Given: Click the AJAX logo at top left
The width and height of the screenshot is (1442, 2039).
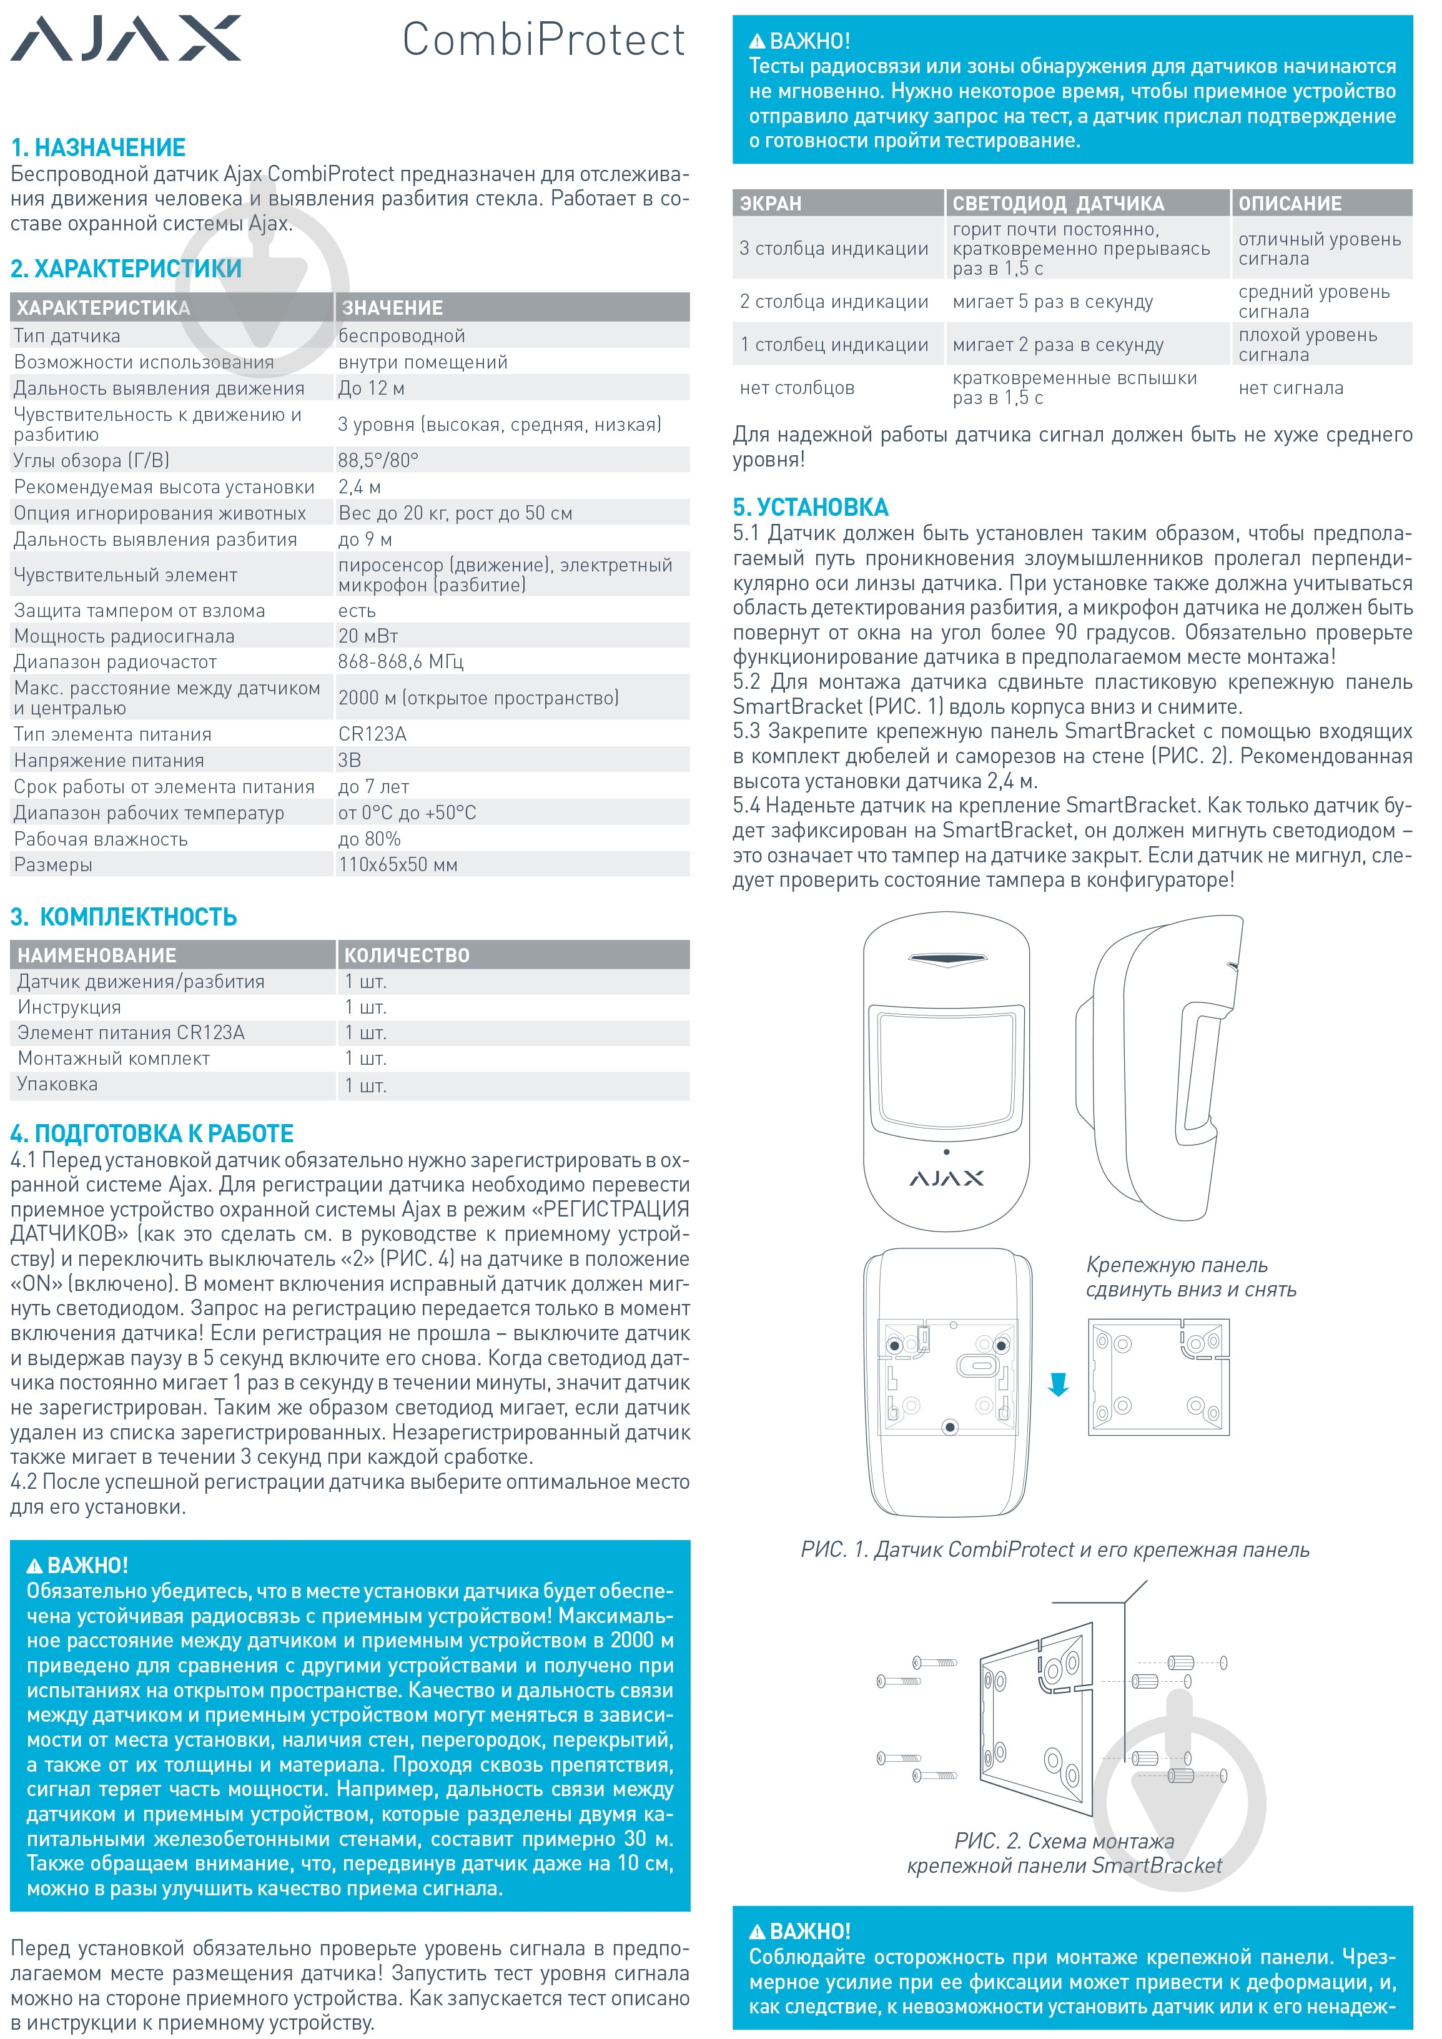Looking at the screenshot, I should click(x=125, y=39).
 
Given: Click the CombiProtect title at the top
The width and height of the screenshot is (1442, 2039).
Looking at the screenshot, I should click(x=543, y=40).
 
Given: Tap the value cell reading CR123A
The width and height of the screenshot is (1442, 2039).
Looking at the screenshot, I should click(x=372, y=734).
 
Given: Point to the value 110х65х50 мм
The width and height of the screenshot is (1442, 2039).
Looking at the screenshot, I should click(x=398, y=865).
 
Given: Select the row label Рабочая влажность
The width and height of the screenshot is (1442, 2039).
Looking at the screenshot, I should click(x=101, y=839).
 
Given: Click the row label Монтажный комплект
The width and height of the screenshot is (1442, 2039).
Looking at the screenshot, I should click(x=114, y=1059).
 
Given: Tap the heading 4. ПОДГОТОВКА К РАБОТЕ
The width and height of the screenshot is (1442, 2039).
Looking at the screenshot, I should click(x=152, y=1133).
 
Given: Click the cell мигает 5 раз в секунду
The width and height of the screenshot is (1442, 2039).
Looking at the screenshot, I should click(x=1052, y=302).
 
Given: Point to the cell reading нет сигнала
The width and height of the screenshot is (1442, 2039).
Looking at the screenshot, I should click(x=1290, y=388).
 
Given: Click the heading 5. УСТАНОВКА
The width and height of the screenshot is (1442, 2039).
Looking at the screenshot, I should click(x=810, y=507).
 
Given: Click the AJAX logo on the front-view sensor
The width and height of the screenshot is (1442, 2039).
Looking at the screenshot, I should click(x=947, y=1178).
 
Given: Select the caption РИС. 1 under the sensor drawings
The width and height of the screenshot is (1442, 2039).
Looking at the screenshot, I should click(x=1054, y=1549).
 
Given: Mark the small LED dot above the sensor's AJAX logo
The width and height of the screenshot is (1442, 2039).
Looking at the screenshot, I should click(x=947, y=1152).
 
